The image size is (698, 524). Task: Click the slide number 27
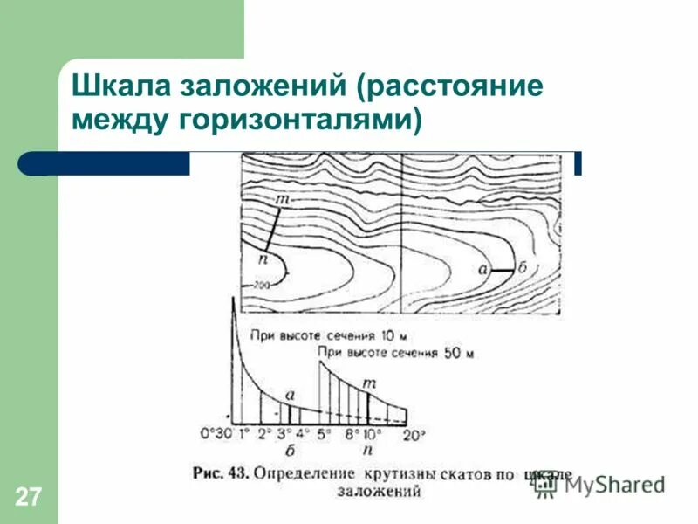coord(27,498)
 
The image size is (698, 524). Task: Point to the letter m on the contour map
coord(282,201)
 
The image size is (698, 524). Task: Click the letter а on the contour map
coord(482,270)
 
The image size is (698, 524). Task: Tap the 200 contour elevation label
coord(262,286)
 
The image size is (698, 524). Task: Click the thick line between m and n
coord(273,229)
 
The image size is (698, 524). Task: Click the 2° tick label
coord(263,432)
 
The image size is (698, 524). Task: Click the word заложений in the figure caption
coord(379,491)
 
